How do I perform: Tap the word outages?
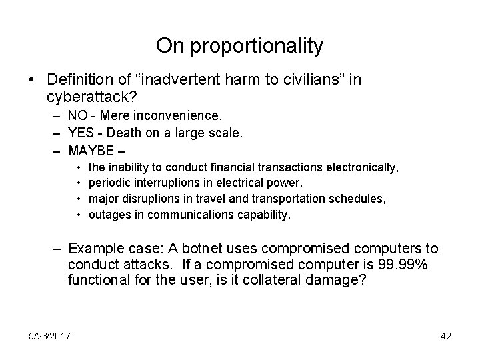click(107, 214)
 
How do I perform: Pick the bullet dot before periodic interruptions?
click(79, 182)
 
